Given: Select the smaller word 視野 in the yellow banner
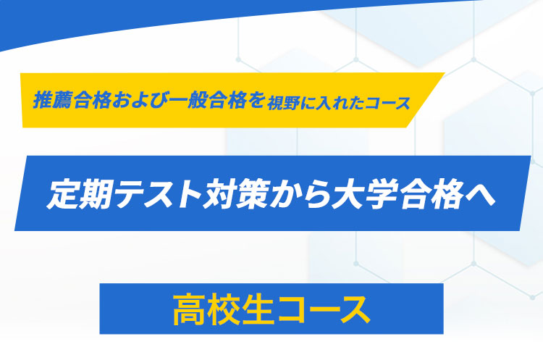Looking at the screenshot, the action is pos(283,103).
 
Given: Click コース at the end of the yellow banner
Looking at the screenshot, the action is pos(387,103).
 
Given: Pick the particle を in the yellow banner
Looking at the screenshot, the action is pos(256,100).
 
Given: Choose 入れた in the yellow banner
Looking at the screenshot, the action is pos(340,103).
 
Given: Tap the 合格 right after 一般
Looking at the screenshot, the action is pos(227,100).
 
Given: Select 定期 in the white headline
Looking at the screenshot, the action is pos(80,194).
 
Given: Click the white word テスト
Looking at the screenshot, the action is pos(159,194).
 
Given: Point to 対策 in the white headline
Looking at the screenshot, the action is pos(236,194).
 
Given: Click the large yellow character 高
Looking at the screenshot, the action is pos(189,309).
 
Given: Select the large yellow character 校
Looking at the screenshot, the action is pos(224,309).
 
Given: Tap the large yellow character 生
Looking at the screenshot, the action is pos(258,309).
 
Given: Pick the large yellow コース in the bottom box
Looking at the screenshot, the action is pos(324,309).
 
